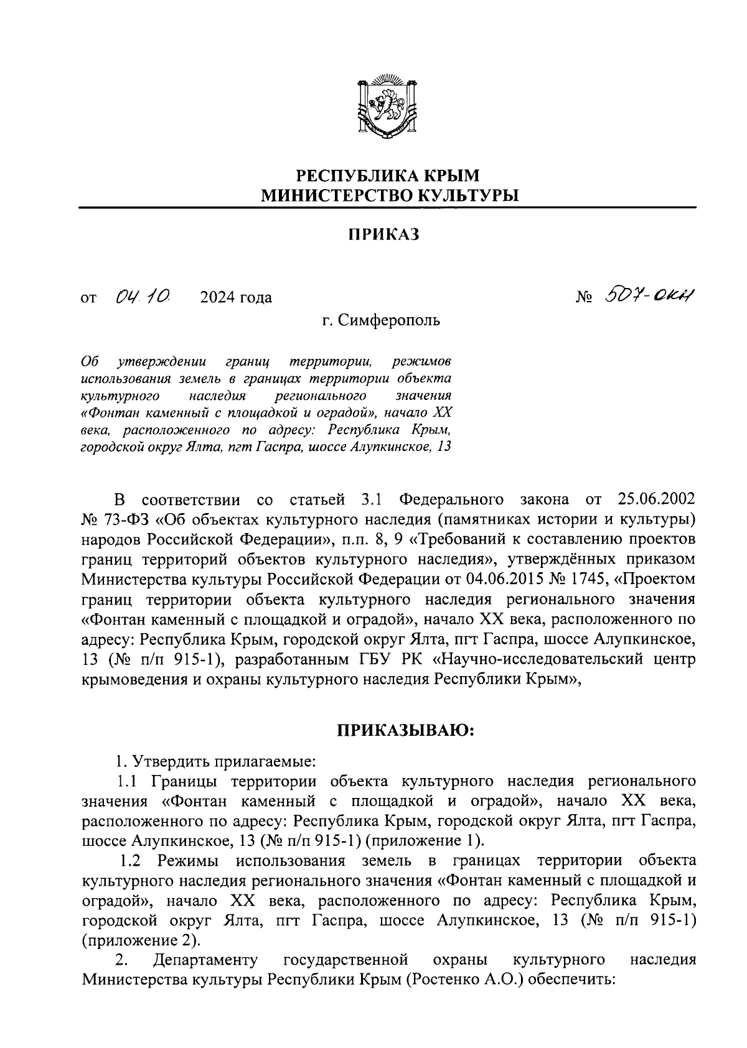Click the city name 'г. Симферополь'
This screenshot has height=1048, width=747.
(x=381, y=321)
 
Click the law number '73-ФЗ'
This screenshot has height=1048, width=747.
(x=121, y=520)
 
